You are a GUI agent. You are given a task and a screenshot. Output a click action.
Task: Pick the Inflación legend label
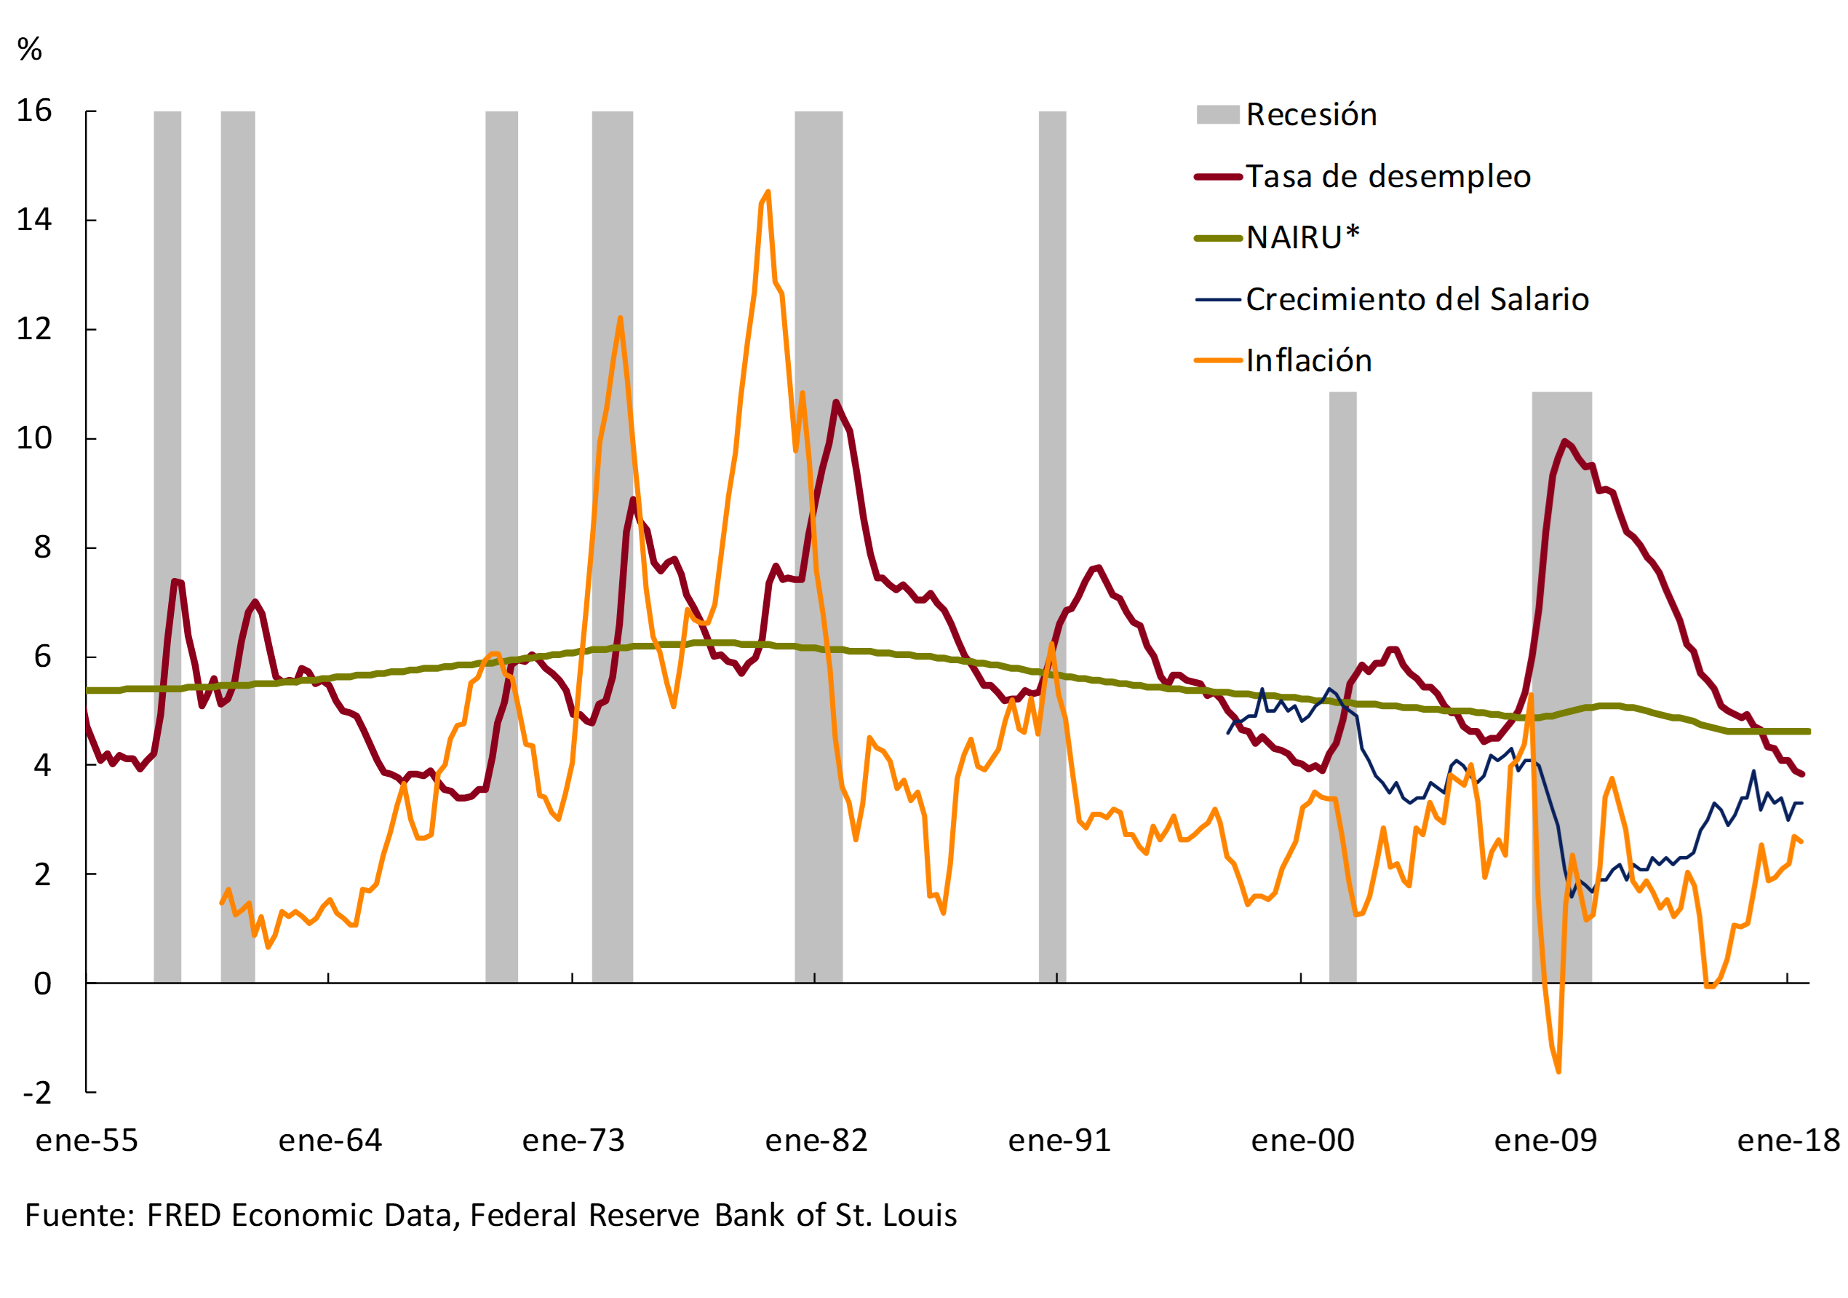tap(1309, 361)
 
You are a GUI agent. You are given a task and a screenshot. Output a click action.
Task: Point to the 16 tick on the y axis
tap(35, 111)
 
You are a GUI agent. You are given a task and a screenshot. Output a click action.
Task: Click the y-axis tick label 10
tap(35, 438)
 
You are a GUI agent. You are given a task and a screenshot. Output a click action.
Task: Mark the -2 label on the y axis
tap(37, 1093)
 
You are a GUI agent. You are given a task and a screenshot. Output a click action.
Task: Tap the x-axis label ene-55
tap(87, 1141)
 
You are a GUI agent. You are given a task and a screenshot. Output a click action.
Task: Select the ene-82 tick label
tap(816, 1141)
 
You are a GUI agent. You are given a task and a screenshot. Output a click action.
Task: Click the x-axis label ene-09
tap(1545, 1141)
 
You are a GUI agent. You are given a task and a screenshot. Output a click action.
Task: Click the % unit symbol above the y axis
tap(30, 50)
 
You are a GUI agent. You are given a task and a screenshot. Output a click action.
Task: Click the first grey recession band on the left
tap(167, 547)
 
